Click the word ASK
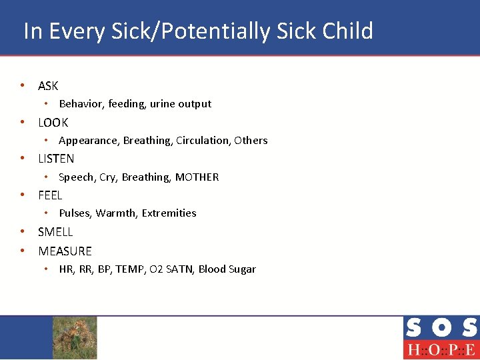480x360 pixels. tap(48, 86)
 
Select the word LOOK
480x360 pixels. tap(53, 123)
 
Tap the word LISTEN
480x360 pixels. tap(56, 159)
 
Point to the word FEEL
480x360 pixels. tap(50, 195)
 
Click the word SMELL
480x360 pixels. tap(55, 232)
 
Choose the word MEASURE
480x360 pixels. tap(65, 251)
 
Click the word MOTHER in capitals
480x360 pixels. tap(197, 177)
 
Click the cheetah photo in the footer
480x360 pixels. tap(75, 337)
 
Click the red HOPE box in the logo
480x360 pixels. tap(440, 349)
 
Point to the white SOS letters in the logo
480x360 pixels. tap(440, 327)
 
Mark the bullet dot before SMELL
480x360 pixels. tap(23, 232)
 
